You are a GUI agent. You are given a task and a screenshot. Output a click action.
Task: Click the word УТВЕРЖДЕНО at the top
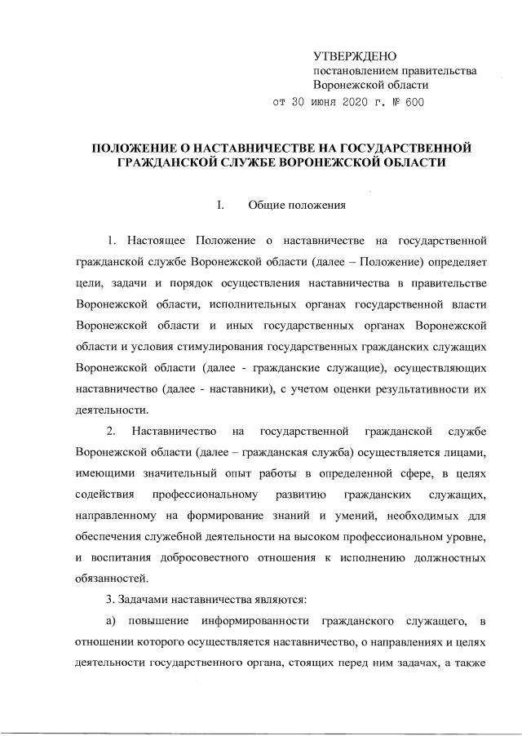[355, 56]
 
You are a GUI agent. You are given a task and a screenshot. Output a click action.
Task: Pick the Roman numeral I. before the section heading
[220, 205]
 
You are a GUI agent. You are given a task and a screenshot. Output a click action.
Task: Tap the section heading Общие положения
[298, 205]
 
